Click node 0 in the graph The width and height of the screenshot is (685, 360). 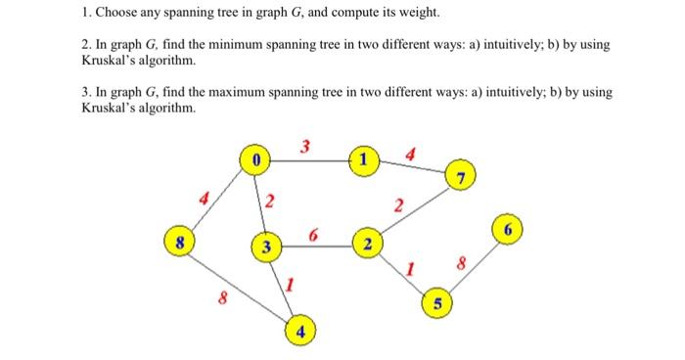254,157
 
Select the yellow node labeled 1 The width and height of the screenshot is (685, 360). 364,157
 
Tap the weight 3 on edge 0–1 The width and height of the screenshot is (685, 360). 305,147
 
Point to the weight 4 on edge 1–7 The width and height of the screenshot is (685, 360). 411,153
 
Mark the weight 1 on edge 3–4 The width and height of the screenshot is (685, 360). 290,285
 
